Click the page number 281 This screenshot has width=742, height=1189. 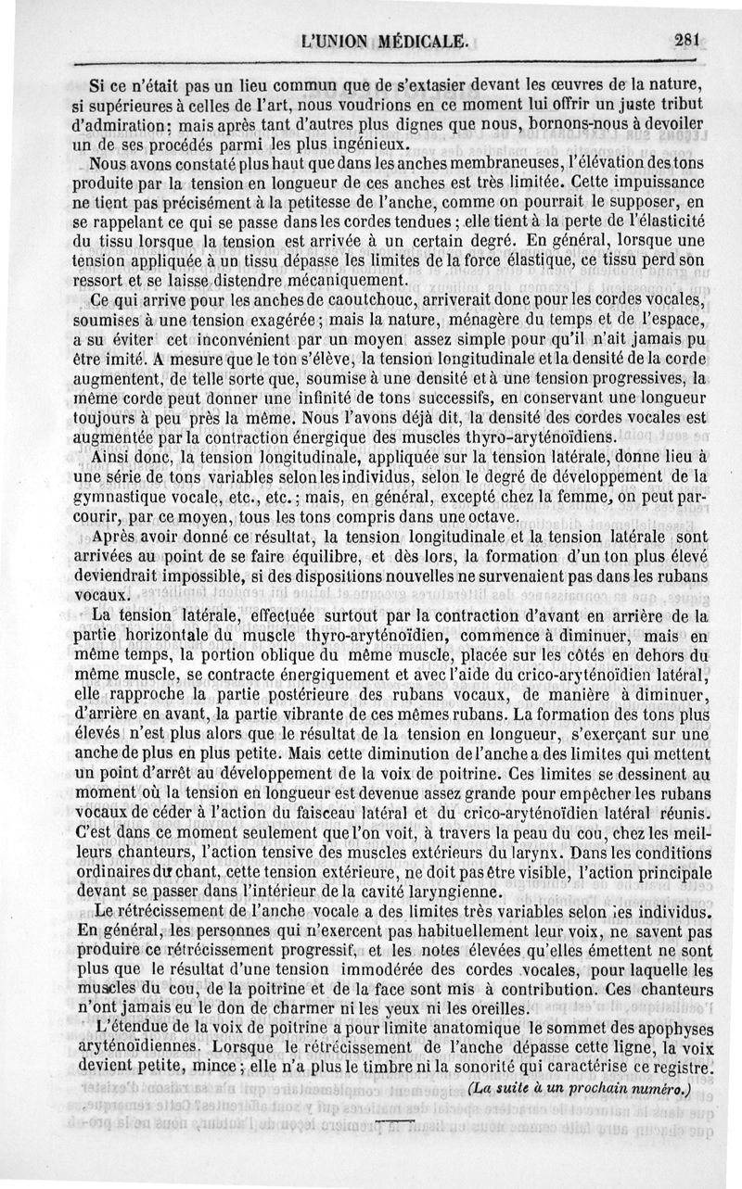(691, 39)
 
